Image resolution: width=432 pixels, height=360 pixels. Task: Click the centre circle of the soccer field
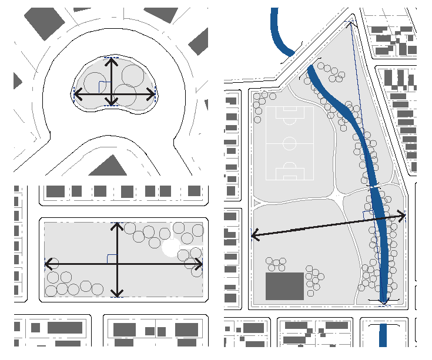click(x=290, y=143)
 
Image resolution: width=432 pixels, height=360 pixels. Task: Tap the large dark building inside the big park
click(x=284, y=286)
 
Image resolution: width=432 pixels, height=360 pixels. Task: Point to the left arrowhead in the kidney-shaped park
click(x=75, y=93)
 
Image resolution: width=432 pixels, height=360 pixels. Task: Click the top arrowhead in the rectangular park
click(x=118, y=226)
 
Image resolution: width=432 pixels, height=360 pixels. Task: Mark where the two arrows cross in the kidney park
click(x=111, y=93)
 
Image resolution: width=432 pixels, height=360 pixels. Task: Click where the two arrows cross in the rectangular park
click(x=118, y=264)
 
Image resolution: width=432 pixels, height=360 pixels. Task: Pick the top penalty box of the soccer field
click(x=290, y=115)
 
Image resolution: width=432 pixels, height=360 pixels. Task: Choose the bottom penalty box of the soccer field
click(x=290, y=171)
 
